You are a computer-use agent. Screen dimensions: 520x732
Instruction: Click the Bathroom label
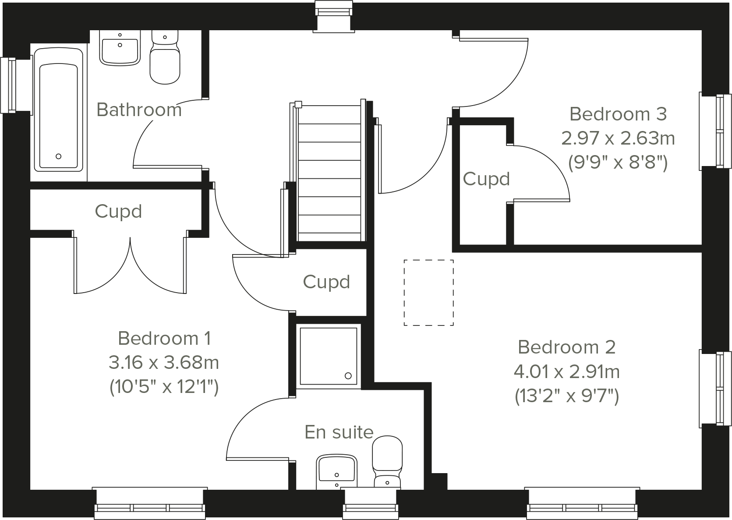coord(139,110)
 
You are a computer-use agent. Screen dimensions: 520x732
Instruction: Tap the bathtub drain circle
coord(59,156)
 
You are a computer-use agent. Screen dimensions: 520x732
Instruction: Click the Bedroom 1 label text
coord(164,338)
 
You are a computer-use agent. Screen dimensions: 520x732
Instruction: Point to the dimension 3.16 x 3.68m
coord(163,362)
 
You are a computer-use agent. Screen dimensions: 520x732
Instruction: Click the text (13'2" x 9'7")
coord(566,396)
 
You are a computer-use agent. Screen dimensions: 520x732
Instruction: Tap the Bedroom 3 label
coord(618,114)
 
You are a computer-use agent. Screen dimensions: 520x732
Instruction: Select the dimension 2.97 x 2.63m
coord(618,138)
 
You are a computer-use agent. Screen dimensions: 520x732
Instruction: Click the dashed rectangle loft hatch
coord(428,293)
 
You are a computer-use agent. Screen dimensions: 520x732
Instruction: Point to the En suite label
coord(339,432)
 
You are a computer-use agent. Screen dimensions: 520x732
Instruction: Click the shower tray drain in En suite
coord(348,375)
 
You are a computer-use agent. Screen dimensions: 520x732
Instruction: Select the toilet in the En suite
coord(387,462)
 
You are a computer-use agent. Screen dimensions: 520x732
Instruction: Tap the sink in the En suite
coord(336,471)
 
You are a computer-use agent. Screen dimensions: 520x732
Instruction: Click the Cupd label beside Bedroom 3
coord(486,179)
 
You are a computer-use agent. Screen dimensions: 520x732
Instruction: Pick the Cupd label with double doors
coord(118,211)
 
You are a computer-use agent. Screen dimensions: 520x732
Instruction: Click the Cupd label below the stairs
coord(326,282)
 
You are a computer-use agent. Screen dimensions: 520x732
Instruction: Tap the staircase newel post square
coord(298,104)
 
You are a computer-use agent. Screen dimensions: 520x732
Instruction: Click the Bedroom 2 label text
coord(566,347)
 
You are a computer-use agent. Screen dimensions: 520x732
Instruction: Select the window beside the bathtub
coord(10,85)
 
